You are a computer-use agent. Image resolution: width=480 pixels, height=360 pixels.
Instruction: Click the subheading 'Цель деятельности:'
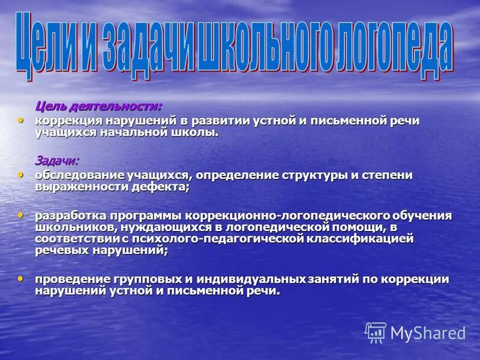(x=98, y=107)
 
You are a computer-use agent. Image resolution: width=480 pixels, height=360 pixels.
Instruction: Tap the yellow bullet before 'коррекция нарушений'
(x=21, y=120)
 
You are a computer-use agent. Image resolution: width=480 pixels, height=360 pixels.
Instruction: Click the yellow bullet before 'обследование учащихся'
(x=21, y=175)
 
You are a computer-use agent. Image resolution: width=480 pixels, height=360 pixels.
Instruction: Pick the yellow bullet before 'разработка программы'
(x=21, y=214)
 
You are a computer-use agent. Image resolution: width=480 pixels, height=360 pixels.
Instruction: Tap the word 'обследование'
(x=78, y=175)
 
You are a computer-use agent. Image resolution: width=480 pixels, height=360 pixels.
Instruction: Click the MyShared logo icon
(x=376, y=332)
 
